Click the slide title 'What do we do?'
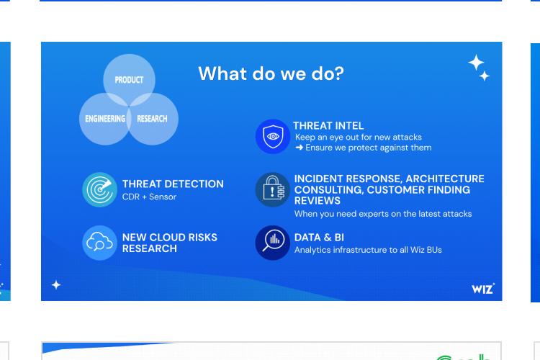click(271, 73)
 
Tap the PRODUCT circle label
click(129, 80)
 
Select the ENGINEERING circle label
click(105, 119)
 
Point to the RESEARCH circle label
click(152, 119)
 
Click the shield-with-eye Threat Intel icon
click(273, 136)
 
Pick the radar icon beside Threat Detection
click(99, 189)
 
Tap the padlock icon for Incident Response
click(273, 189)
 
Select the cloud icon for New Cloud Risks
click(99, 243)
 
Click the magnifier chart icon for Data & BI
click(273, 243)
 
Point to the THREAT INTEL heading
click(328, 126)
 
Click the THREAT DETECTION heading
click(173, 184)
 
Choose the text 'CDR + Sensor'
click(149, 197)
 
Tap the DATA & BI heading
click(319, 238)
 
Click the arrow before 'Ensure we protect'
click(300, 148)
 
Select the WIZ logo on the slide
click(483, 289)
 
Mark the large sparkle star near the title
click(477, 63)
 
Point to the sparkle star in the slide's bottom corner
click(56, 285)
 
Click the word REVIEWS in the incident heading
click(318, 201)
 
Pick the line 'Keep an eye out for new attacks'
click(359, 137)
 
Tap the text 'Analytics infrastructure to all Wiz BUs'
click(368, 250)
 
